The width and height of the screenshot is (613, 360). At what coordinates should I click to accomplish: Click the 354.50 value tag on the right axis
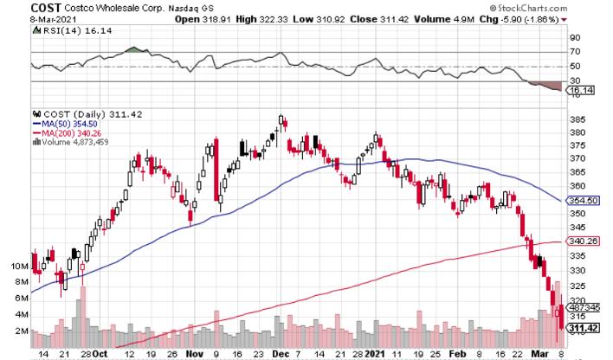click(583, 201)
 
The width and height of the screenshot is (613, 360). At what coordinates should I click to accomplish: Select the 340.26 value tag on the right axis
click(583, 241)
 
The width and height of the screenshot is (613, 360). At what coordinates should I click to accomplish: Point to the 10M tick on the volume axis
click(17, 267)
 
